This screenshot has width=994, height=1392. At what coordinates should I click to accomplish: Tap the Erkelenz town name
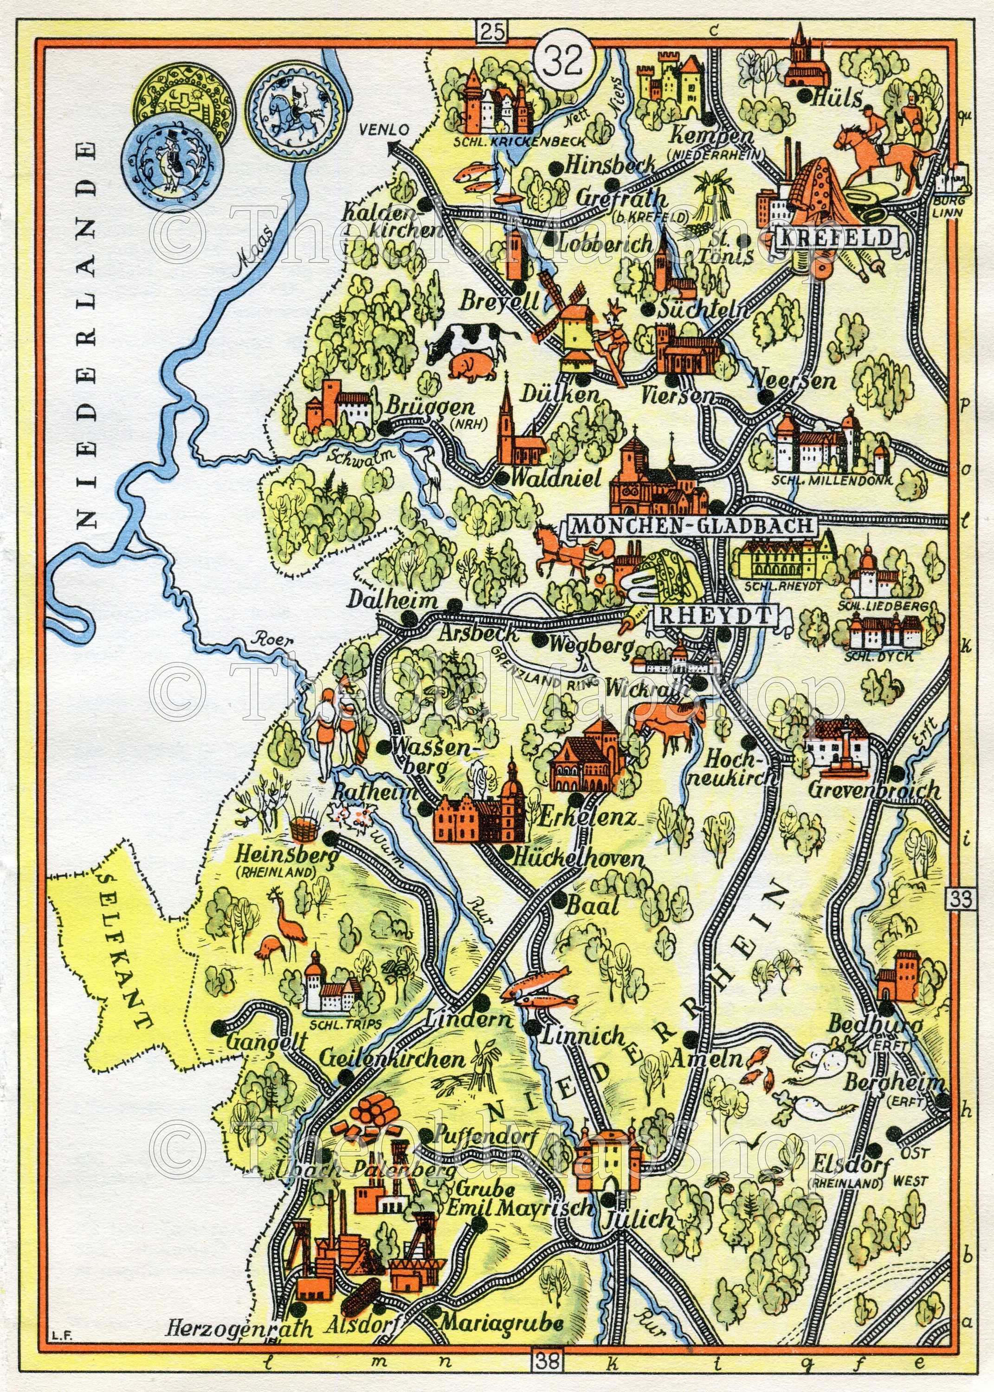point(587,818)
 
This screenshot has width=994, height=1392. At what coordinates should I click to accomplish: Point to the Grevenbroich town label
point(873,790)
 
